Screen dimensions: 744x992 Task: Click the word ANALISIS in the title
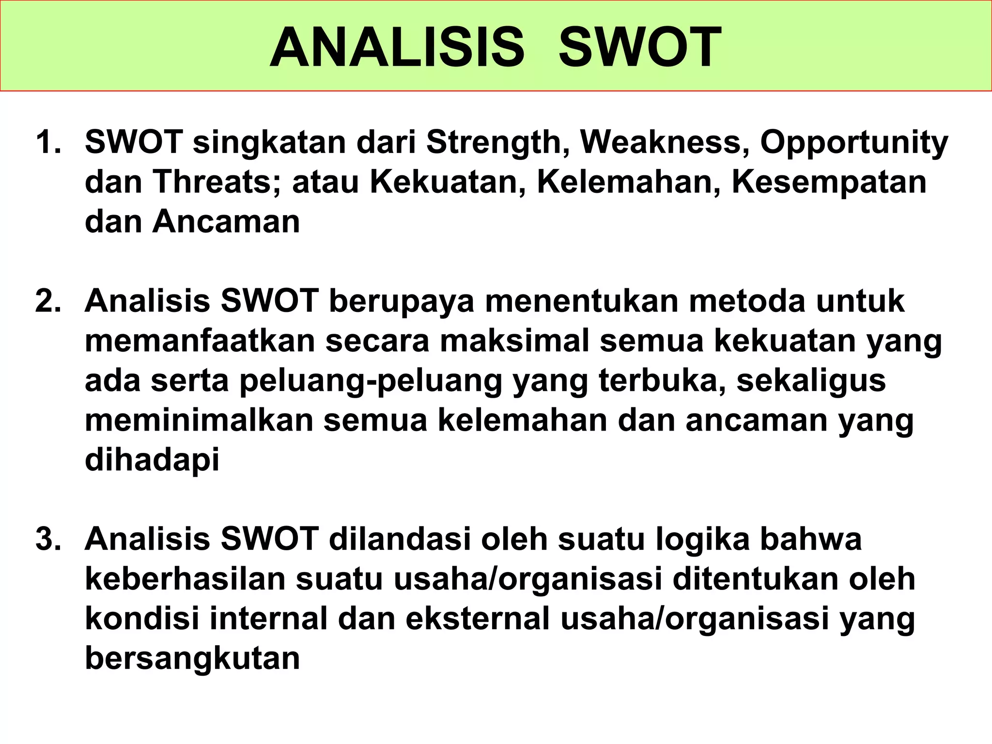pos(397,48)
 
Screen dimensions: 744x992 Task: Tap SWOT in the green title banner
pos(640,48)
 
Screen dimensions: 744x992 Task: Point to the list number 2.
pos(48,301)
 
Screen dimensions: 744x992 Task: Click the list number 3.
pos(48,539)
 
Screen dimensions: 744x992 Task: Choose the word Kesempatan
pos(829,183)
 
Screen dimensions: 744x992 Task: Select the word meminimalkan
pos(199,420)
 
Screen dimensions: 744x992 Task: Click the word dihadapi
pos(152,461)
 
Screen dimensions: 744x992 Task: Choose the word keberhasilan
pos(186,579)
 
